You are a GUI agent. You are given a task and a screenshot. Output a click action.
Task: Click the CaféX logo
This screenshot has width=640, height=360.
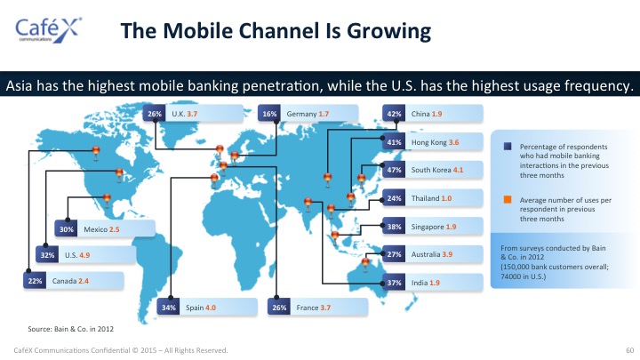pyautogui.click(x=48, y=30)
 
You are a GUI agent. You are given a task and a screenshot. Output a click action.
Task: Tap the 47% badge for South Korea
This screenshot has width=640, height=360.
pyautogui.click(x=394, y=170)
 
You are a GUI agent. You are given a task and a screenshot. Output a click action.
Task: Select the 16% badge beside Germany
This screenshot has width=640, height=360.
pyautogui.click(x=269, y=114)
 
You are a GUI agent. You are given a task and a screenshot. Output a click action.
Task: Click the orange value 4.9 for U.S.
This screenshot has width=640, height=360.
pyautogui.click(x=84, y=255)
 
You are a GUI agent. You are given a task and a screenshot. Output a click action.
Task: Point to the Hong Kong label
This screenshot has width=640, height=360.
pyautogui.click(x=428, y=142)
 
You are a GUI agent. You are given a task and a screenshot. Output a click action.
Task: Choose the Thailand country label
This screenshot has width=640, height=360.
pyautogui.click(x=425, y=198)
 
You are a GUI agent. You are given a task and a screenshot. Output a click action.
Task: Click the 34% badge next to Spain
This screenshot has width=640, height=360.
pyautogui.click(x=168, y=308)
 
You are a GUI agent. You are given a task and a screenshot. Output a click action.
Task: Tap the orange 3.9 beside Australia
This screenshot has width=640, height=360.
pyautogui.click(x=447, y=254)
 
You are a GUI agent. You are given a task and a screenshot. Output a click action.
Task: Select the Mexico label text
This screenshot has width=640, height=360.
pyautogui.click(x=95, y=229)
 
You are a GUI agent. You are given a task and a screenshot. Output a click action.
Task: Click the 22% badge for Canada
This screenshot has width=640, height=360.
pyautogui.click(x=35, y=281)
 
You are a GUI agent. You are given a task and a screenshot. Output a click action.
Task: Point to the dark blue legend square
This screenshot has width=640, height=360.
pyautogui.click(x=508, y=146)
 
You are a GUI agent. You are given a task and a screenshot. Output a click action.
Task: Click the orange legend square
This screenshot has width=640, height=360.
pyautogui.click(x=508, y=200)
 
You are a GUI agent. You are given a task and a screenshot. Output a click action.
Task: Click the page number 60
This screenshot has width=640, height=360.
pyautogui.click(x=630, y=350)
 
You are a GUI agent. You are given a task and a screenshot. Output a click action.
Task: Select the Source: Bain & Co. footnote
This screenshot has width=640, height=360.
pyautogui.click(x=70, y=329)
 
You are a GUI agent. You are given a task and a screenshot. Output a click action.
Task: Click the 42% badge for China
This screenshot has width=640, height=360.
pyautogui.click(x=394, y=114)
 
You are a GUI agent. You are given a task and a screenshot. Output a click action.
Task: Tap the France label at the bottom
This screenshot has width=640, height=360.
pyautogui.click(x=307, y=308)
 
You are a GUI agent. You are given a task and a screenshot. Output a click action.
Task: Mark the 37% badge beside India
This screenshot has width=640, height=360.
pyautogui.click(x=394, y=283)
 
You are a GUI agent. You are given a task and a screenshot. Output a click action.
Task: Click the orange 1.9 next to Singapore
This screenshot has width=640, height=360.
pyautogui.click(x=451, y=227)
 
